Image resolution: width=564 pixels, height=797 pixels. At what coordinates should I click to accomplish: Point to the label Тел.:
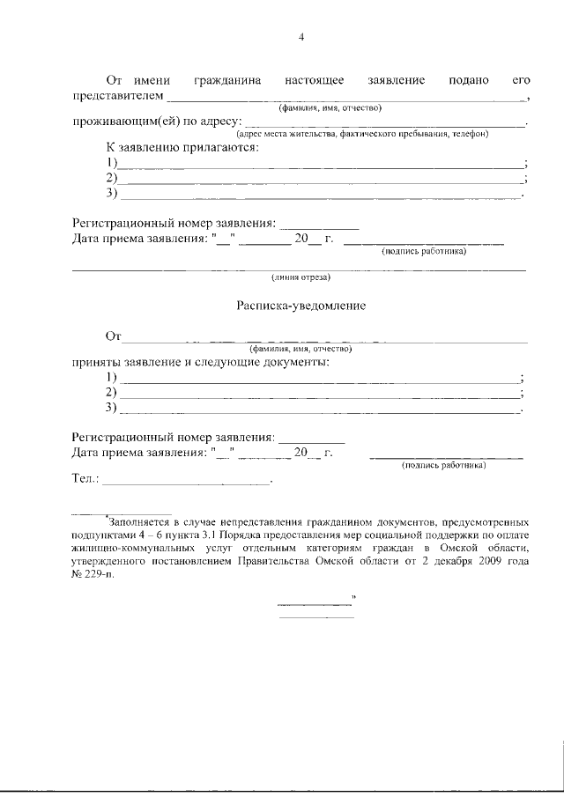click(85, 480)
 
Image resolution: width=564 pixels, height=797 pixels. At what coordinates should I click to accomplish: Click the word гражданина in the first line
click(232, 80)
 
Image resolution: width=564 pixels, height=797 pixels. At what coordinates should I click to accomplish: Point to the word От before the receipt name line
click(113, 336)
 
